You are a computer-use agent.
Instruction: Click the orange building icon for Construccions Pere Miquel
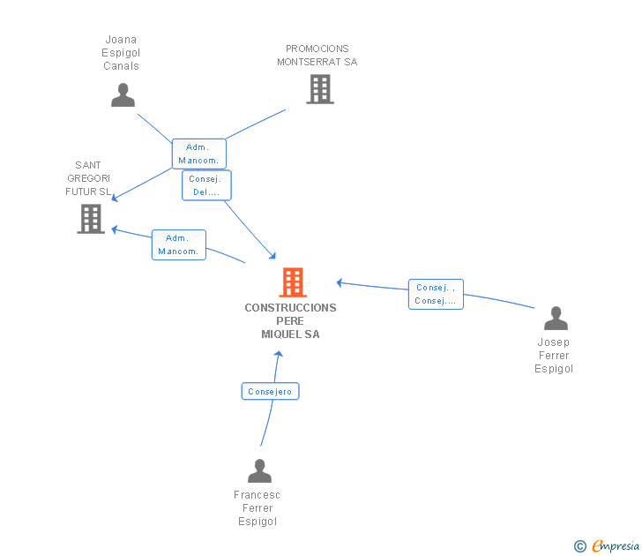click(x=293, y=282)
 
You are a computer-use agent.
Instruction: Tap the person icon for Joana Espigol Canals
click(x=123, y=94)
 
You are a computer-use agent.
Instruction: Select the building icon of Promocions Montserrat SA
click(x=319, y=89)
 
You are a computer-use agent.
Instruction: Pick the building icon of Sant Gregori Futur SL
click(x=91, y=219)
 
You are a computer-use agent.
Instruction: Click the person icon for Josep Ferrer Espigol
click(x=556, y=318)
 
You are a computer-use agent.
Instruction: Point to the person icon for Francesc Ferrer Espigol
click(x=259, y=470)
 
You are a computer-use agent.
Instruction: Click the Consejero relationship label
click(x=270, y=391)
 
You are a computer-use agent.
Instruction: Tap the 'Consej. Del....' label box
click(x=206, y=185)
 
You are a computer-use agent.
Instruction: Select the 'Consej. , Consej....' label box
click(x=436, y=294)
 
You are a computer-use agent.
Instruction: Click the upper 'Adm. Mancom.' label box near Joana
click(x=198, y=154)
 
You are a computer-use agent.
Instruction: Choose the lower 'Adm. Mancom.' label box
click(x=178, y=244)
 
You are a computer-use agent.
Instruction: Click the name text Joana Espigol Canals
click(x=121, y=53)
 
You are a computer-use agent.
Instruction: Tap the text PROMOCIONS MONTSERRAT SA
click(x=317, y=56)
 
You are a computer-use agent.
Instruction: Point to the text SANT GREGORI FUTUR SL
click(x=88, y=178)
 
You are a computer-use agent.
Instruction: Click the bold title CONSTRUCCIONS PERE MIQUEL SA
click(x=290, y=321)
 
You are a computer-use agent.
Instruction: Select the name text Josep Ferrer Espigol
click(x=554, y=356)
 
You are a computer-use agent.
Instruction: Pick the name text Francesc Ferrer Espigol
click(x=258, y=508)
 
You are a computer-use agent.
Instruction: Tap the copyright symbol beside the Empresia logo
click(x=580, y=546)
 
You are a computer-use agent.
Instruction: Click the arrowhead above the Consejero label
click(x=279, y=354)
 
